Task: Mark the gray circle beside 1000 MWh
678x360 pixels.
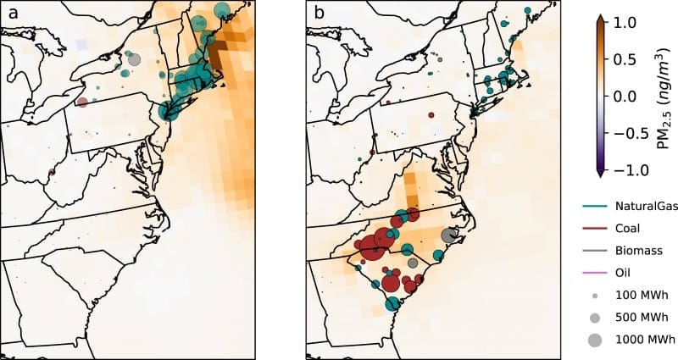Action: click(594, 341)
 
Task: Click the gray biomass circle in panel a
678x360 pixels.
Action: click(134, 59)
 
